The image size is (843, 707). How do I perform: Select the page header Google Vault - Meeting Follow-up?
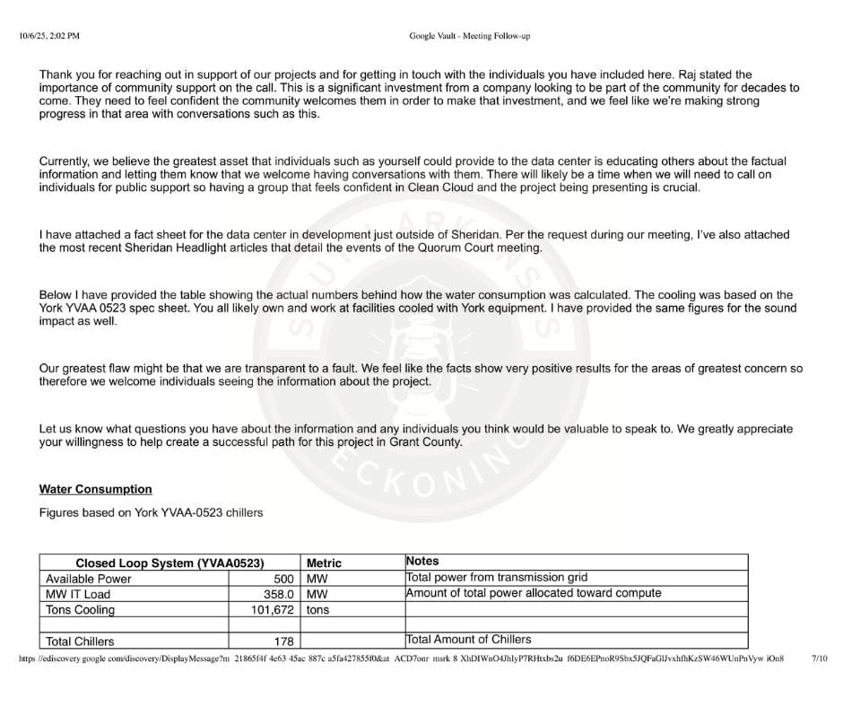469,36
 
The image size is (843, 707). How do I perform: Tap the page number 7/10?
820,658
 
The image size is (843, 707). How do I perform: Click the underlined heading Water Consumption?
95,489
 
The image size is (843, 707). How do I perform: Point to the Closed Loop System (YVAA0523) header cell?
169,563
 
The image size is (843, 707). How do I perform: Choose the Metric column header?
324,563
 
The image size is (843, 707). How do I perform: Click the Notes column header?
422,561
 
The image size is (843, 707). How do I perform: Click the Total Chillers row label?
80,642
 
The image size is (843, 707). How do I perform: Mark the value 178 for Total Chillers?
283,642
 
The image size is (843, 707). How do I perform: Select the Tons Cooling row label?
80,610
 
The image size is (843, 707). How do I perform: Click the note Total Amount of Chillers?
468,640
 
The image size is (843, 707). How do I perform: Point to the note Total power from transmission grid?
497,578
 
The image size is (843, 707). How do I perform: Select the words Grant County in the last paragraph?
426,442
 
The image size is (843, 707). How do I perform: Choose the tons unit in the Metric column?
317,610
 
